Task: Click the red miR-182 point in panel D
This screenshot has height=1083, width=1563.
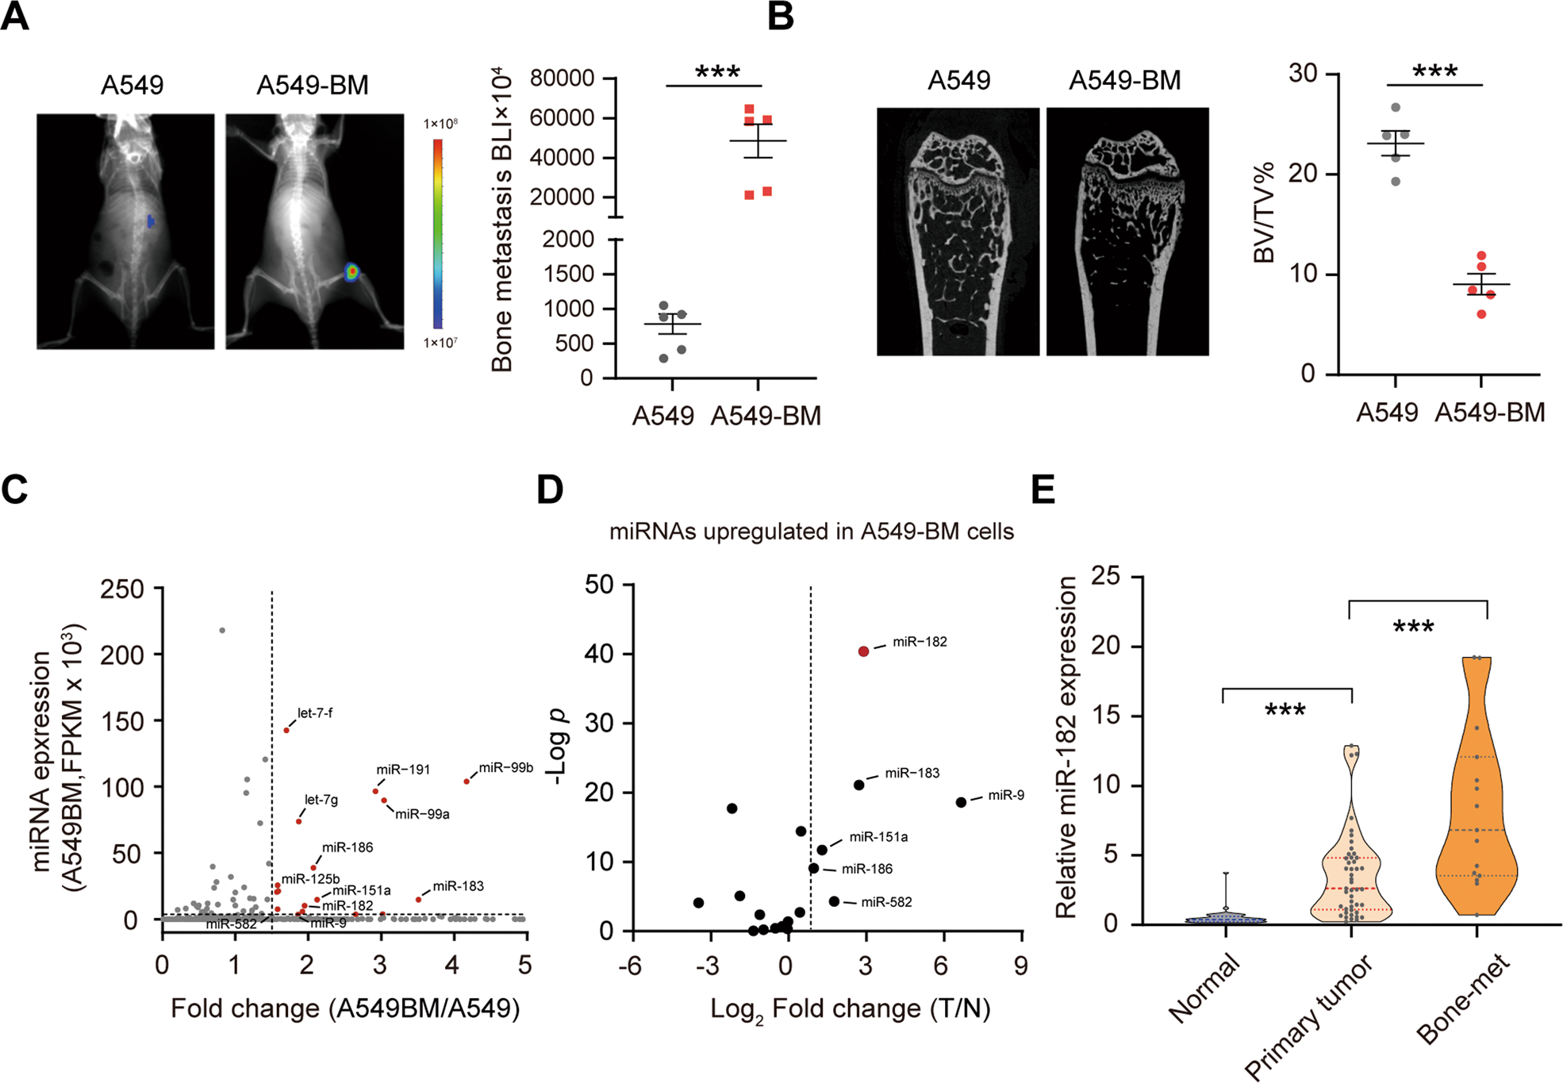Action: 863,651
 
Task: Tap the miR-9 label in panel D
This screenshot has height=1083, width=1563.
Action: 1005,795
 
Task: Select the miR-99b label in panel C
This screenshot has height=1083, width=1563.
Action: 505,768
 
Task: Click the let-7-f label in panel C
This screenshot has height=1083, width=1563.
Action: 314,713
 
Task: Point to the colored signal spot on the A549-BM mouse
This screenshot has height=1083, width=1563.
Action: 352,272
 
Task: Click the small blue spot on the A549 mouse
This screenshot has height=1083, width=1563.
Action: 151,221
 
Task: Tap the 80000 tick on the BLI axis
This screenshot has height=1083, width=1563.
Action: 562,79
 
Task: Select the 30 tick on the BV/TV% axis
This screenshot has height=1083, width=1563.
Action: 1303,73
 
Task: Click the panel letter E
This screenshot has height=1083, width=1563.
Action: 1043,490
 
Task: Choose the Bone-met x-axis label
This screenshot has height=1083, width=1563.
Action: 1464,1001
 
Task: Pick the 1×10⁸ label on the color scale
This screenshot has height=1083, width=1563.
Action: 440,124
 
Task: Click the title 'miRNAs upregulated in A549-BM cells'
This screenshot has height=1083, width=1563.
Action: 811,532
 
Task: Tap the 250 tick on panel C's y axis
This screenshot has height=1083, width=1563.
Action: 122,589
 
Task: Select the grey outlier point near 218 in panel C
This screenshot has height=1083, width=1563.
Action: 222,631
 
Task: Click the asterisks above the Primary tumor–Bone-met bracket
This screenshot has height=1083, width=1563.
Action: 1413,628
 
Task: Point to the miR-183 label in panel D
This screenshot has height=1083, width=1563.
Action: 912,773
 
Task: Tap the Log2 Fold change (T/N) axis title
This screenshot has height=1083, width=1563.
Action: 850,1010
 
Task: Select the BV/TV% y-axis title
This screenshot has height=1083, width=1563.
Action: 1263,213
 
